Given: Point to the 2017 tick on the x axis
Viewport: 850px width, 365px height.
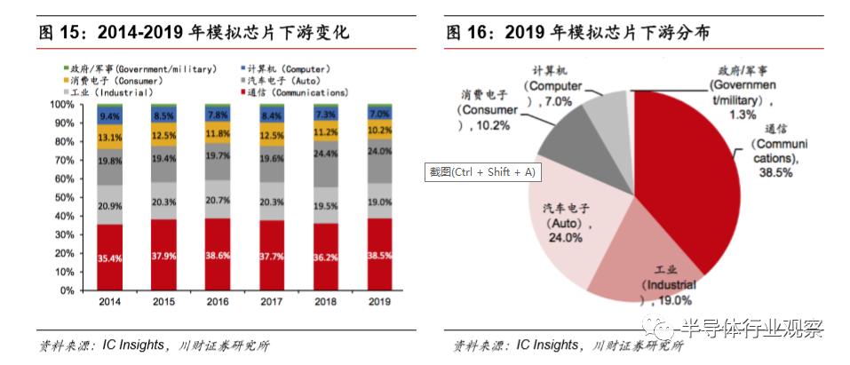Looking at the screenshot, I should [x=272, y=302].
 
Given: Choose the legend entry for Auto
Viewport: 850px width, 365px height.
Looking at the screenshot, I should [x=283, y=80].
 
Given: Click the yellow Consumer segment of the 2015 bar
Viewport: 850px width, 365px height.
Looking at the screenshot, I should [x=164, y=134].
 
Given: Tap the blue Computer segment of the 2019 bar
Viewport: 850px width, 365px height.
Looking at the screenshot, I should [x=379, y=115].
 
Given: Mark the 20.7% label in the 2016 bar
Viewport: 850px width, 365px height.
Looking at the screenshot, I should [x=218, y=202].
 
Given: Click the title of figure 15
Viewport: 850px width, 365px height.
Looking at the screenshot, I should [x=195, y=33].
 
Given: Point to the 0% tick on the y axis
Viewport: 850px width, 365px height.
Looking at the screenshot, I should [x=67, y=290].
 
